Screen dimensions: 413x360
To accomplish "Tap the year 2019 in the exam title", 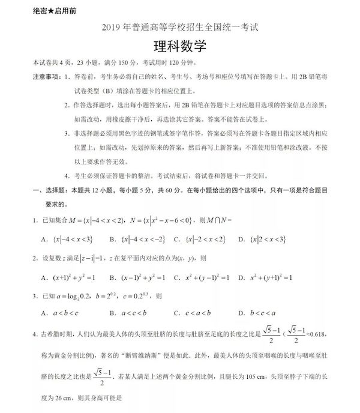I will point(112,29).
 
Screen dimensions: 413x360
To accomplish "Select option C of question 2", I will point(201,278).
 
